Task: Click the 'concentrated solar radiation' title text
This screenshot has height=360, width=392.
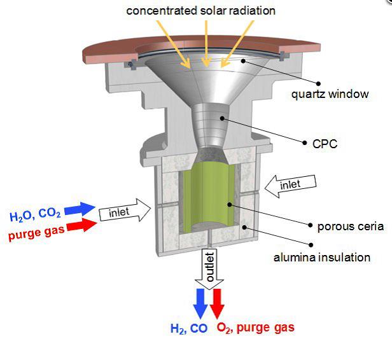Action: (x=200, y=11)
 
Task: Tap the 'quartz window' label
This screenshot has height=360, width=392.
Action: (x=330, y=94)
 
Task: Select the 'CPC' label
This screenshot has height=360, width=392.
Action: (x=325, y=144)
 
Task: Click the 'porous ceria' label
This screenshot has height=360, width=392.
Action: (x=350, y=226)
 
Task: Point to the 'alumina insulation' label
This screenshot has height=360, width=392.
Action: (x=322, y=258)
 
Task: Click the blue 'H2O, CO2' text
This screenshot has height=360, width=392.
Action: (x=35, y=216)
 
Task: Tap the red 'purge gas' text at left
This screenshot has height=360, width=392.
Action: (x=36, y=233)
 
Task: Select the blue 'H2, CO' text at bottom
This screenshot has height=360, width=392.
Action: (x=189, y=328)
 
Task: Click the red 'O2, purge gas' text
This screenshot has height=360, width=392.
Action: (x=256, y=328)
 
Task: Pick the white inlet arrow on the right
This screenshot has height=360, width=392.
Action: (x=290, y=186)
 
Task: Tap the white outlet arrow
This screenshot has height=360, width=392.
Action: (x=209, y=268)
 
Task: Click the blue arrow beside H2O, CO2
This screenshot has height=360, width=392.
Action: (x=80, y=209)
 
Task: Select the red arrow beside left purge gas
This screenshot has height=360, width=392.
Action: (x=81, y=225)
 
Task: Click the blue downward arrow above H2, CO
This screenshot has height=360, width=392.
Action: (x=200, y=303)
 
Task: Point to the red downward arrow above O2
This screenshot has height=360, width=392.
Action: (x=217, y=303)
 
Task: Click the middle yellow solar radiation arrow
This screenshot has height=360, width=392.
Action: (x=206, y=44)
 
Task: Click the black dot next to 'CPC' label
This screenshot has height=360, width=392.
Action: (x=304, y=142)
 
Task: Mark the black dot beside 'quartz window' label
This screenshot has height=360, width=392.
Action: (x=318, y=83)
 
